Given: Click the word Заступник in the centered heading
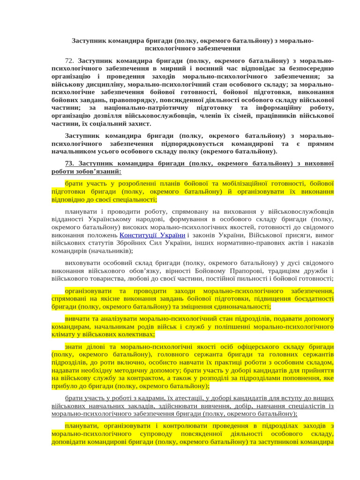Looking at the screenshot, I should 89,41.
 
